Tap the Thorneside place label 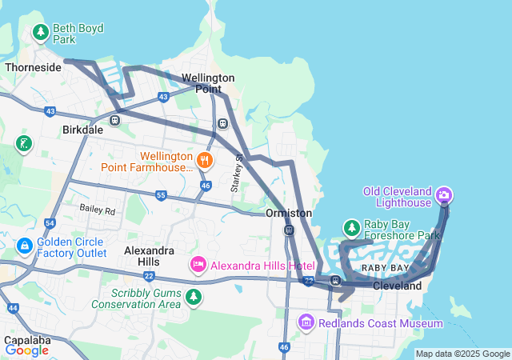point(33,67)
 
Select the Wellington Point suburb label point(208,83)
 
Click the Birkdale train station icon point(115,120)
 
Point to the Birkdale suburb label point(82,130)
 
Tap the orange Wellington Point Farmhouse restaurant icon point(205,159)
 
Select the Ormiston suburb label point(289,214)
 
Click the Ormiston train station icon point(289,230)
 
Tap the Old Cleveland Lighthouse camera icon point(444,194)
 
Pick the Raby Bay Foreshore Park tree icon point(351,228)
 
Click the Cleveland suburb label point(397,286)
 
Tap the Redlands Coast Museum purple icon point(306,322)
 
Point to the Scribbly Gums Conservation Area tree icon point(193,298)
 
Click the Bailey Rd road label point(98,210)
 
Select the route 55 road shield point(161,195)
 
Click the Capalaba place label point(27,338)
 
